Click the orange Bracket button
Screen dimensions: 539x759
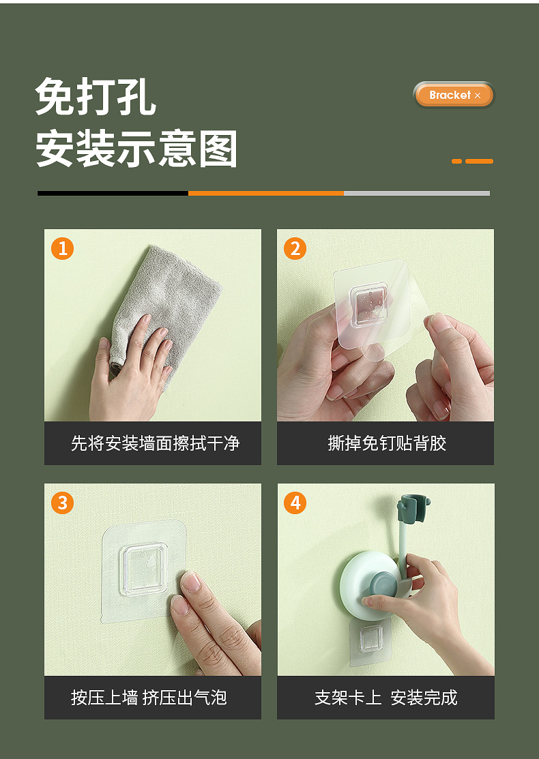454,95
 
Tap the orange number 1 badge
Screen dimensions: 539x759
63,248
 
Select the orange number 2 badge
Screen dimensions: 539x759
295,248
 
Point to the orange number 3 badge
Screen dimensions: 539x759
63,503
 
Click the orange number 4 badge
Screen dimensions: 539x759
295,503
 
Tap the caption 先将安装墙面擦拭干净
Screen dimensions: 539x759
155,443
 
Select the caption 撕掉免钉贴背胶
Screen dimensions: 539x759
386,443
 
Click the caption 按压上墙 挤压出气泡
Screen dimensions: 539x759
149,698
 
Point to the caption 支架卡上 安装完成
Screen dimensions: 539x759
386,698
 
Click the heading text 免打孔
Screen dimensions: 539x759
96,96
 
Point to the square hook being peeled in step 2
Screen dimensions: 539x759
369,304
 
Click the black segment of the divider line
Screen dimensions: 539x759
113,193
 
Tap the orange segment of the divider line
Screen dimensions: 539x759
266,193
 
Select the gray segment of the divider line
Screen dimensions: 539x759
417,193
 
